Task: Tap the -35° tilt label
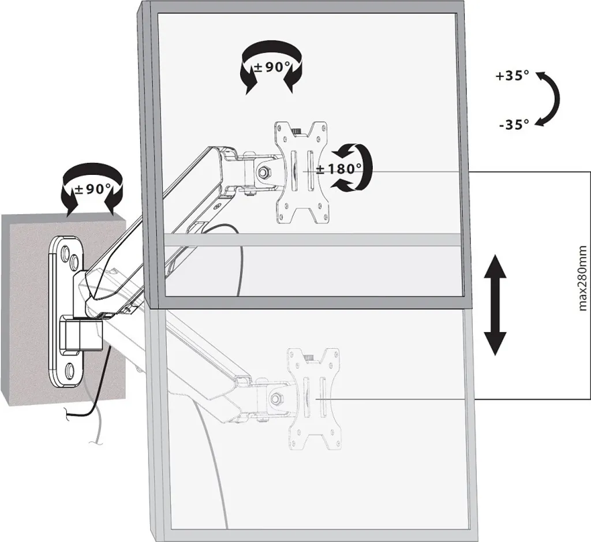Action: click(x=514, y=124)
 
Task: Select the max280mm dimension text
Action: click(x=583, y=278)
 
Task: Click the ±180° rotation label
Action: click(x=339, y=169)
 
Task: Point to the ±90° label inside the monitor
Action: click(x=272, y=68)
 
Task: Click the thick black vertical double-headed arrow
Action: click(x=494, y=305)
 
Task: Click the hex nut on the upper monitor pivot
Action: click(x=263, y=171)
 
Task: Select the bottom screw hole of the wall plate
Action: click(x=70, y=369)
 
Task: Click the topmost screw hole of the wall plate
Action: click(x=65, y=251)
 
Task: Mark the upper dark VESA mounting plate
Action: click(x=301, y=173)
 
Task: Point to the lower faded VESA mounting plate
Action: click(x=313, y=399)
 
